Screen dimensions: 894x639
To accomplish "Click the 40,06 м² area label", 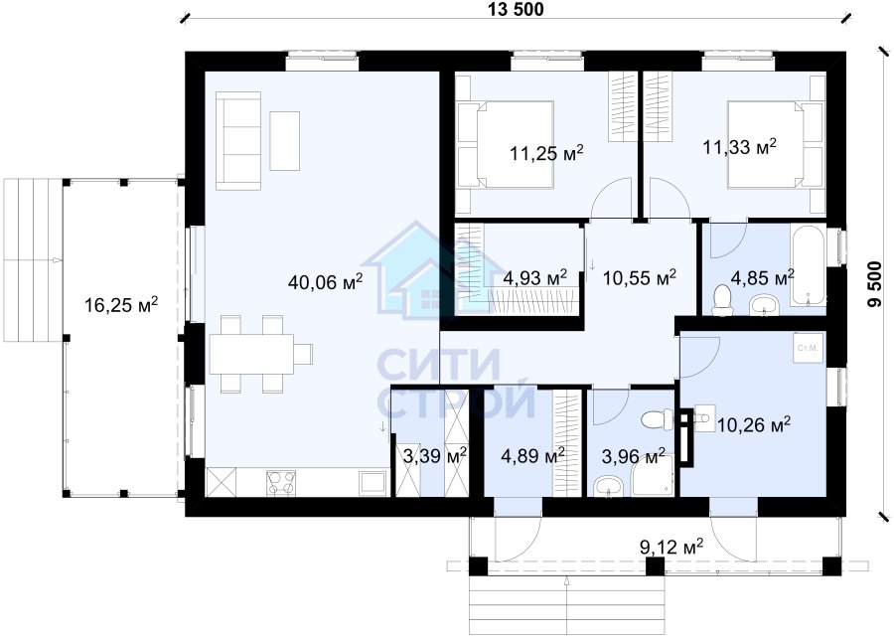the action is coord(326,281).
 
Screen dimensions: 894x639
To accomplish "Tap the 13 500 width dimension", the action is coord(516,9).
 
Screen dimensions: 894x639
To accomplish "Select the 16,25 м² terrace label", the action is coord(121,305).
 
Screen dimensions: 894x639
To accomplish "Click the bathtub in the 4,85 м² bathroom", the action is coord(807,264).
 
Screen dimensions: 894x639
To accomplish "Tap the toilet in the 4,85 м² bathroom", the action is coord(722,299).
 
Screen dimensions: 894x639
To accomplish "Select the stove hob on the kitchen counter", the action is coord(281,483).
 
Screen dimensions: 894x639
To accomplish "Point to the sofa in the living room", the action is coord(237,140).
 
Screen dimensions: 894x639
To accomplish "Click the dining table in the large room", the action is coord(251,354).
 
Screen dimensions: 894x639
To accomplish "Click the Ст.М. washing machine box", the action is coord(809,348).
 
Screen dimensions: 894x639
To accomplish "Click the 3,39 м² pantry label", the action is coord(435,455).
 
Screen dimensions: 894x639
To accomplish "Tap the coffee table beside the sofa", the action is coord(284,140).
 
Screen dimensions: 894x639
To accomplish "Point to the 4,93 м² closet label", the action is coord(534,278).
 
